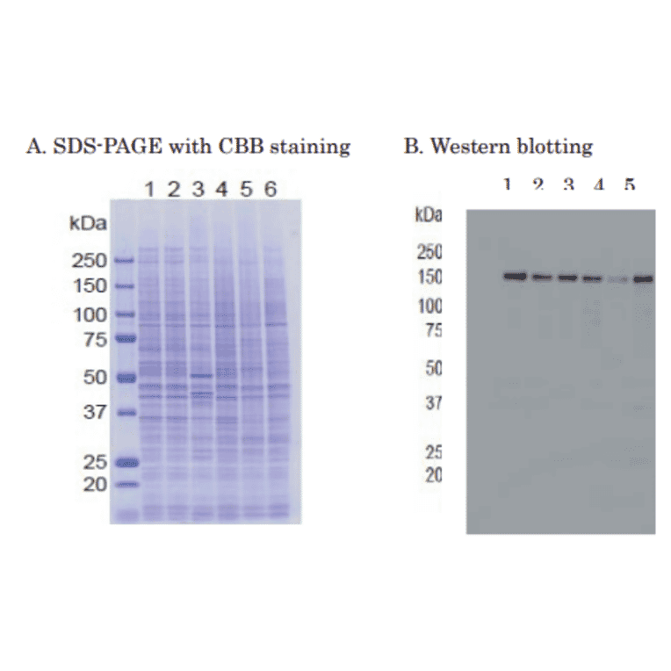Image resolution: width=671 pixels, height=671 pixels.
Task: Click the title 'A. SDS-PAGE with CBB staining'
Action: pos(189,146)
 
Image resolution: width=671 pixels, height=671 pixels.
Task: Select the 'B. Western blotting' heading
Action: pos(498,146)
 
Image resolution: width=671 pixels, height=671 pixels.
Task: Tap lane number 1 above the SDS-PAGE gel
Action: pos(150,189)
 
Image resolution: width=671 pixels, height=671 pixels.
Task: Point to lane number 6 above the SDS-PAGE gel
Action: pos(270,189)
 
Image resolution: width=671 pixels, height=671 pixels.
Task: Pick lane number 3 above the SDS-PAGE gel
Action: pos(198,189)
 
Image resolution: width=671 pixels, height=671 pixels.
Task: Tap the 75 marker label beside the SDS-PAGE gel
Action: pos(95,339)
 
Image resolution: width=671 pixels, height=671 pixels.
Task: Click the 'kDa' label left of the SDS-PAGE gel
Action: pos(88,223)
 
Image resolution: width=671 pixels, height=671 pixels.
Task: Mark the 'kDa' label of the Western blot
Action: pos(429,214)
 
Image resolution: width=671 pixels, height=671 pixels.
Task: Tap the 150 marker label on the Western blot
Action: pos(429,278)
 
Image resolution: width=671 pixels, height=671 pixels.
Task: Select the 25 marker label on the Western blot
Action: pos(433,453)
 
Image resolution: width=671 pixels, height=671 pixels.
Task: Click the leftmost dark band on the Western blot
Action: pos(515,277)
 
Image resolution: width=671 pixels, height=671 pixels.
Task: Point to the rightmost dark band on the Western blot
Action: pos(644,279)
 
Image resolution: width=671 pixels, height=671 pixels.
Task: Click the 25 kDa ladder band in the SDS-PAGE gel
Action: pos(126,463)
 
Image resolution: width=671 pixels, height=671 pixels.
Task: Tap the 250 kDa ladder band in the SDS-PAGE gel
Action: pos(124,260)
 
